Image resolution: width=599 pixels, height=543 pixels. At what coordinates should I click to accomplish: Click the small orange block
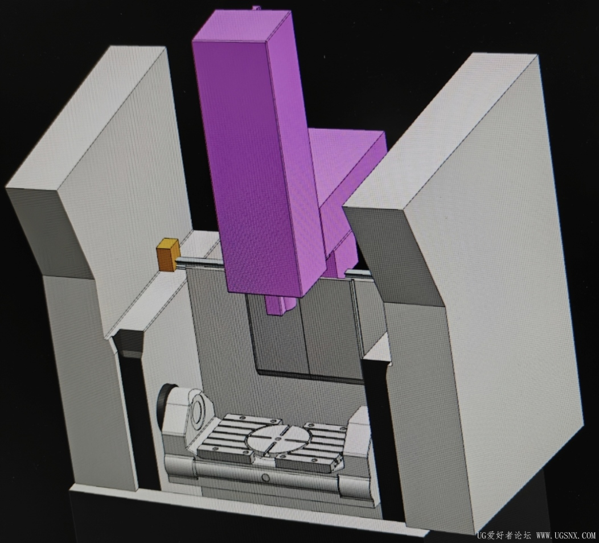click(168, 254)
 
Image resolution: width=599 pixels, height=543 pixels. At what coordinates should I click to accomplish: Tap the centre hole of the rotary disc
click(279, 439)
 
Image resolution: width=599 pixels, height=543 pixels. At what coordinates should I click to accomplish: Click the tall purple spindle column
click(256, 153)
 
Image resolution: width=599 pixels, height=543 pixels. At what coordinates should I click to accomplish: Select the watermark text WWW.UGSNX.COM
click(566, 536)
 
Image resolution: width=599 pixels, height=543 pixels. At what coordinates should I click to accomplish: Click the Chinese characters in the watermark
click(508, 536)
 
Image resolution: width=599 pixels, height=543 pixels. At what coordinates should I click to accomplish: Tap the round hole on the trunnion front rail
click(266, 478)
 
